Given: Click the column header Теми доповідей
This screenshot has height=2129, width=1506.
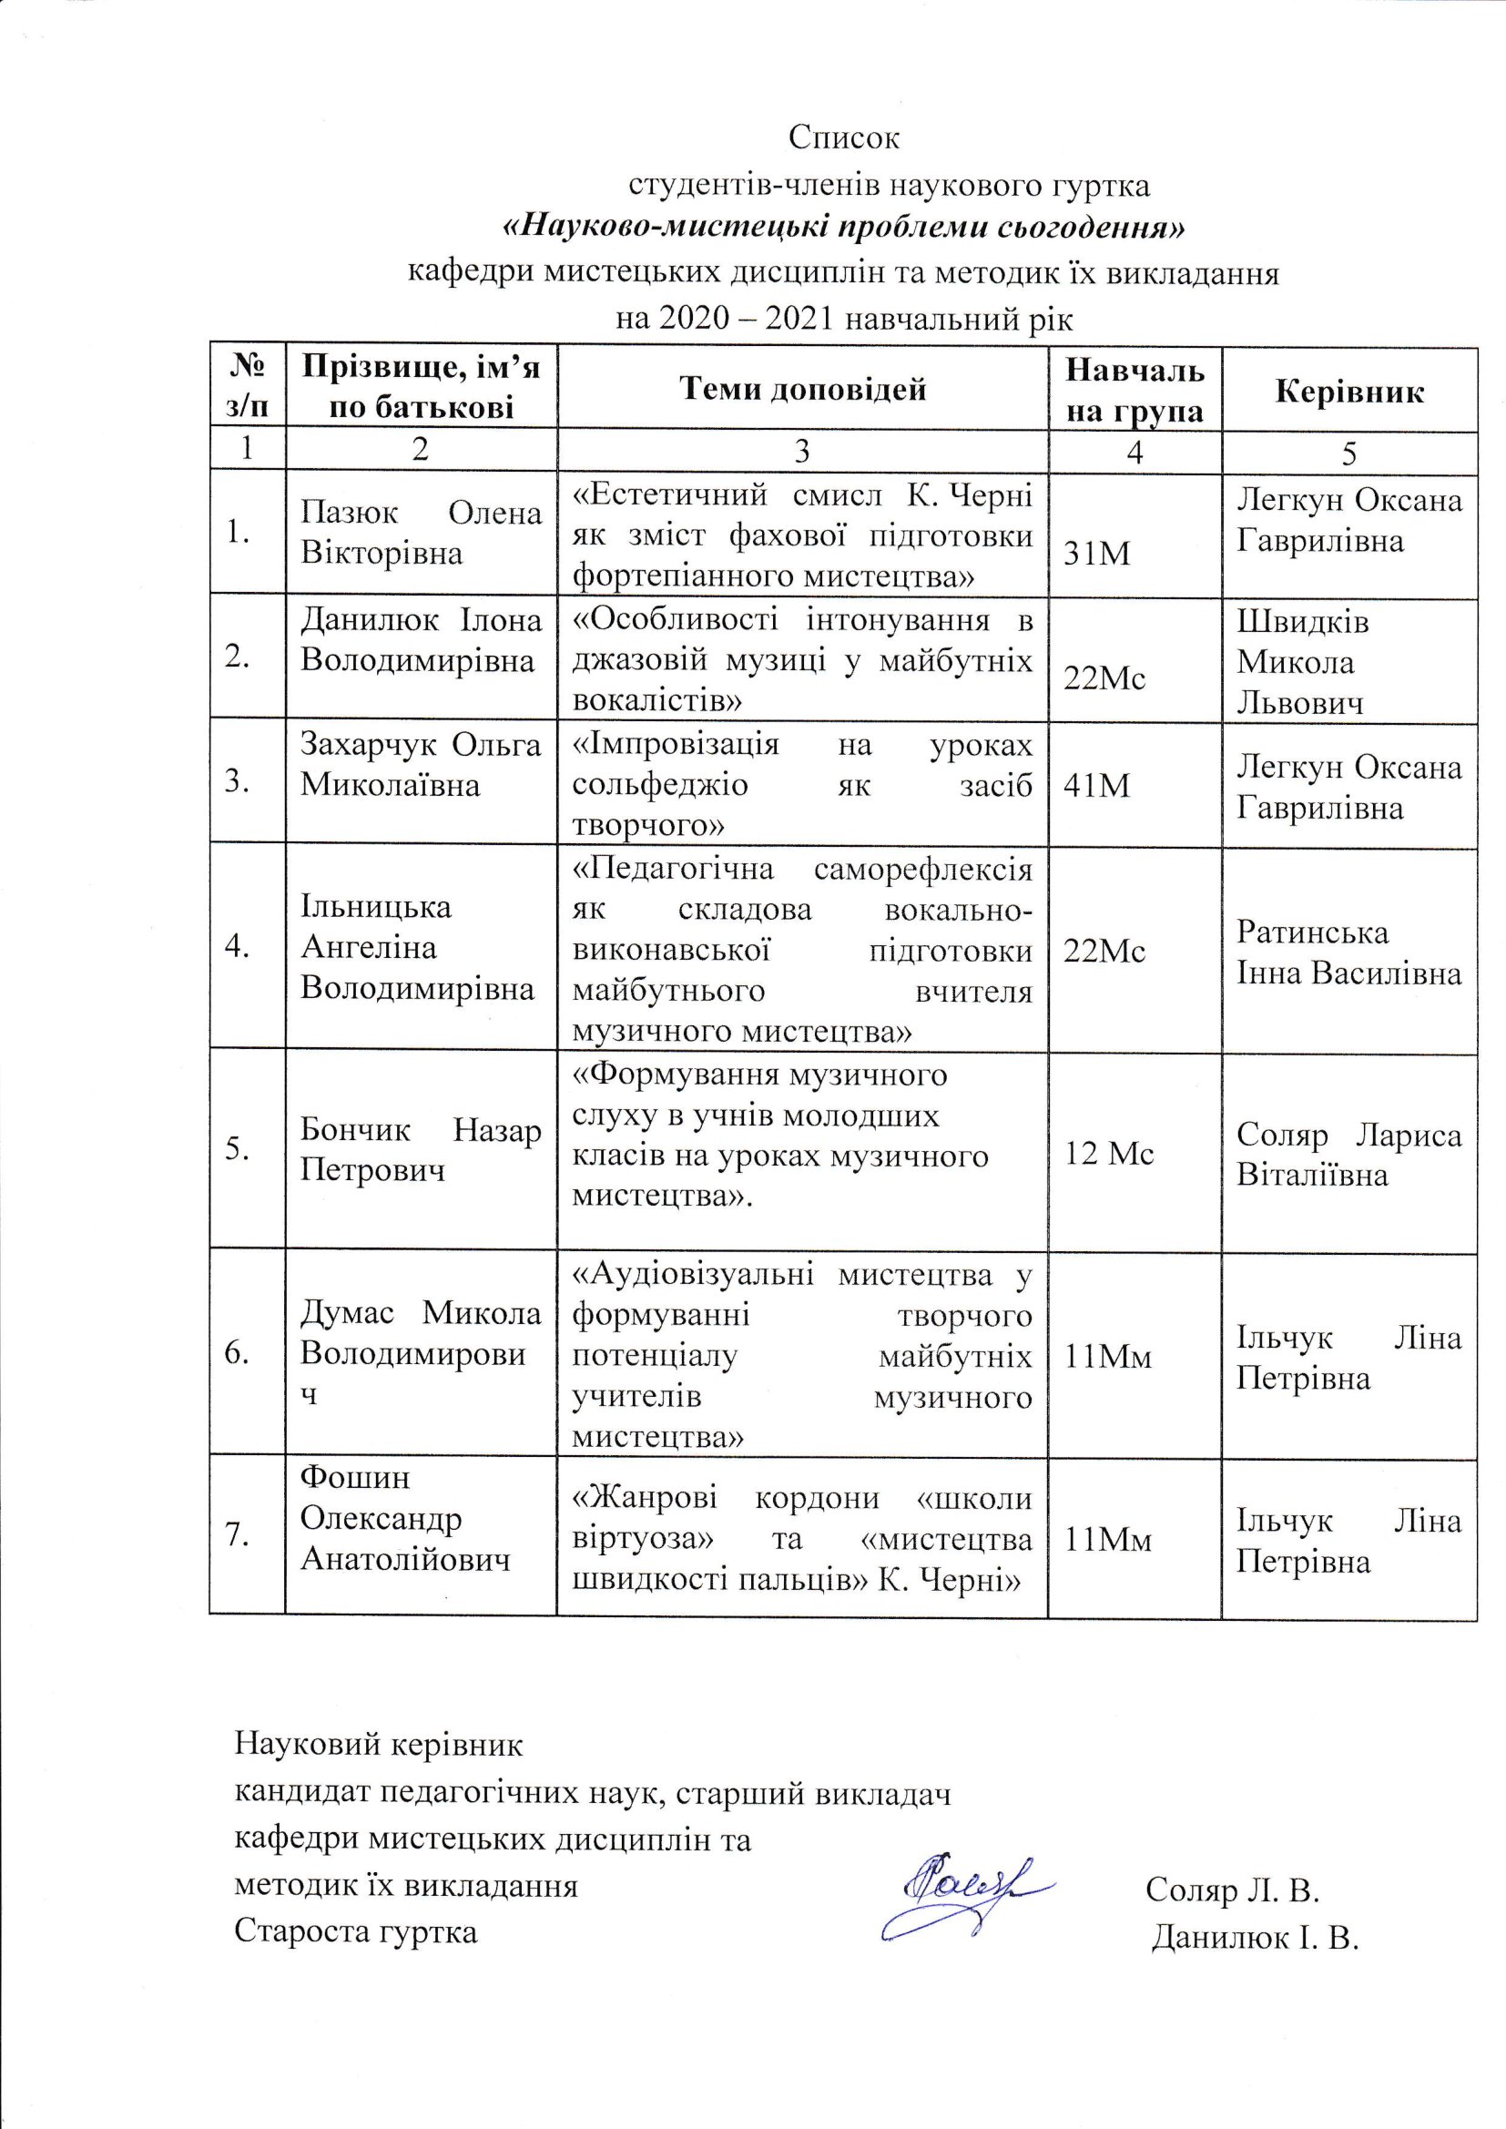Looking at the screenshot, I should click(x=803, y=389).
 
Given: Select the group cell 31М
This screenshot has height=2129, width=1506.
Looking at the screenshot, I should click(x=1098, y=555).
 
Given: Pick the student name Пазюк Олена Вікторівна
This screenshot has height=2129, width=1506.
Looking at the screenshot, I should click(x=420, y=535).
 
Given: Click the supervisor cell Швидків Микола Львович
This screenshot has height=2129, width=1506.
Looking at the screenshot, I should click(x=1302, y=662).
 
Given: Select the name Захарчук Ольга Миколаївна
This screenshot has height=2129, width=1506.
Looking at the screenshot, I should click(x=420, y=766).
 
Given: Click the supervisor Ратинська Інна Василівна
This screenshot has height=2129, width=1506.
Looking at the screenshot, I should click(x=1348, y=952).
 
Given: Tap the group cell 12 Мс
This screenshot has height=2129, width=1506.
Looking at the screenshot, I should click(x=1109, y=1154).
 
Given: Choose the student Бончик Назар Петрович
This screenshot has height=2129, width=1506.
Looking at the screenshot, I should click(x=420, y=1150).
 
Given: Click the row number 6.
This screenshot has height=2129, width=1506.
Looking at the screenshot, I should click(x=238, y=1355).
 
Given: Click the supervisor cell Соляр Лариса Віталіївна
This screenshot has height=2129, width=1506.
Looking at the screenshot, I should click(x=1348, y=1156).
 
